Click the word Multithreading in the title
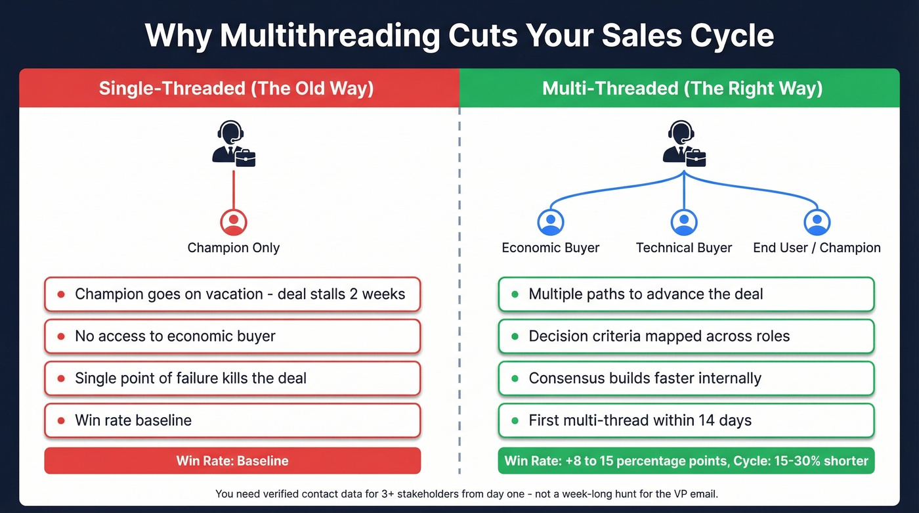pos(330,35)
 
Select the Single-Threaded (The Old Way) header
pos(236,88)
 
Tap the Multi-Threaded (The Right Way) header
pos(682,88)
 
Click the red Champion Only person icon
pos(233,223)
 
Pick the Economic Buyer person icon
pos(550,223)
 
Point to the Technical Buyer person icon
pos(683,223)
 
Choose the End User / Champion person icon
pos(817,223)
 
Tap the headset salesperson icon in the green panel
pos(684,143)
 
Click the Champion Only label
pos(233,248)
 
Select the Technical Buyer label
pos(683,248)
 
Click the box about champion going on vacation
pos(232,294)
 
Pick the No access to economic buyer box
pos(232,336)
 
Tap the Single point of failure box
pos(232,378)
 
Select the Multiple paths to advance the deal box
pos(686,294)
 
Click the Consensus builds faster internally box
pos(686,378)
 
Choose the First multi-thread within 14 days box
pos(686,420)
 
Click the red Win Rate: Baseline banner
pos(232,460)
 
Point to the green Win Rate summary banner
pos(686,460)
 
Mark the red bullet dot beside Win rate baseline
pos(61,420)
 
